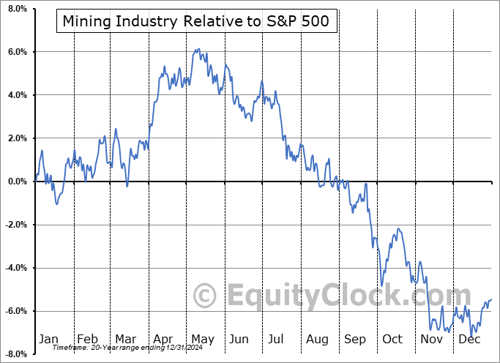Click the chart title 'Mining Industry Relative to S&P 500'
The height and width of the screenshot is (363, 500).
[196, 23]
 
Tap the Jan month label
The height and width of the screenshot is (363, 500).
[48, 339]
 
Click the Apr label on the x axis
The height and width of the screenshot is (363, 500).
[164, 339]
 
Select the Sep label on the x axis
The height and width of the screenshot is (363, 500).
[356, 339]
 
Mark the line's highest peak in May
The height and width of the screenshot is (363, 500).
[197, 50]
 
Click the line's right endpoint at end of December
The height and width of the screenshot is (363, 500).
[490, 299]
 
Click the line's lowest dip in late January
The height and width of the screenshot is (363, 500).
[57, 203]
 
